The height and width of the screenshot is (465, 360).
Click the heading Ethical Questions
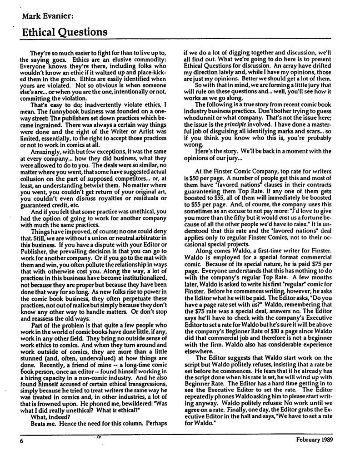63,32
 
